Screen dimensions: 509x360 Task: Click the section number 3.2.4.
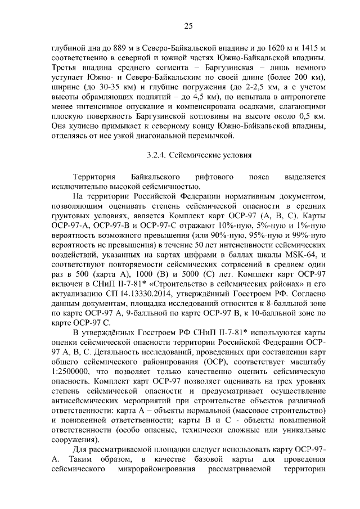pyautogui.click(x=155, y=156)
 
